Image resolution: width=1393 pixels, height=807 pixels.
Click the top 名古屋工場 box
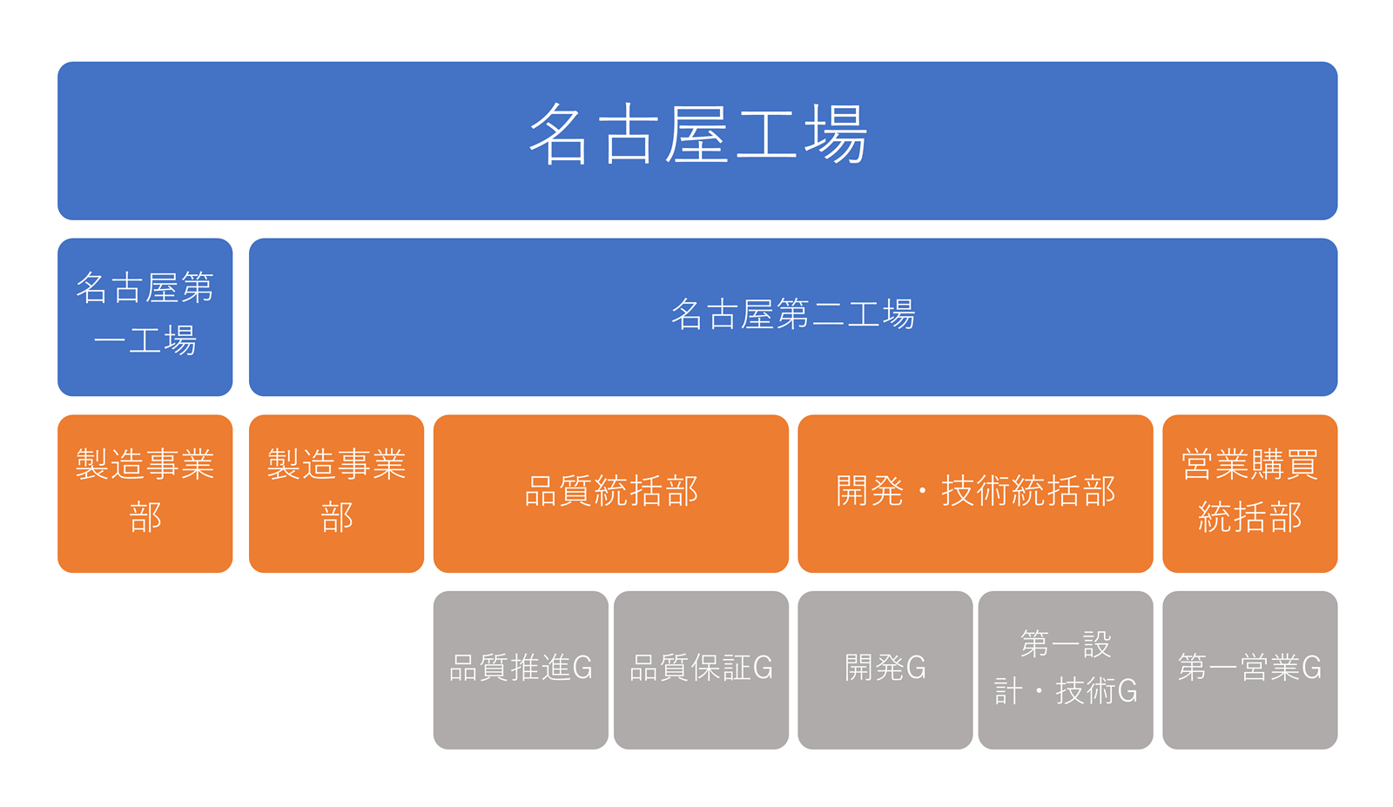tap(697, 140)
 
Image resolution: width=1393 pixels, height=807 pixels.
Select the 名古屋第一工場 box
tap(145, 317)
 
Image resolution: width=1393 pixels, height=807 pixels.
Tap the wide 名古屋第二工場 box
tap(793, 317)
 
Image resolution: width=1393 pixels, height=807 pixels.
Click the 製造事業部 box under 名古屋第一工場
tap(145, 494)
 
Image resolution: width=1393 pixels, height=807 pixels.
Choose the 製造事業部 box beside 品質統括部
tap(336, 494)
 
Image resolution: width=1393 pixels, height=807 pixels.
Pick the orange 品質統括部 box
tap(610, 494)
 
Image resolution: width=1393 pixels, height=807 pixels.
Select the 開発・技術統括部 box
tap(975, 494)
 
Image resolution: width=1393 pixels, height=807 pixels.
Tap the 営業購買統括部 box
tap(1250, 494)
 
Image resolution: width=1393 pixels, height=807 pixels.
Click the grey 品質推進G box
tap(521, 670)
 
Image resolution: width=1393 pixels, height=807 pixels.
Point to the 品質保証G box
tap(701, 670)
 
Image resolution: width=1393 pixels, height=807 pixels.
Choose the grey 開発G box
tap(885, 670)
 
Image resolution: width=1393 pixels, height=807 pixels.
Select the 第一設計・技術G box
tap(1066, 670)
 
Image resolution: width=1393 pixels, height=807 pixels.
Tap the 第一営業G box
tap(1250, 670)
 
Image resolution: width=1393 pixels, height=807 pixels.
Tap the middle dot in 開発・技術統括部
tap(923, 491)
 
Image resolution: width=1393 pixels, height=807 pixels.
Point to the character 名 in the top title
tap(558, 134)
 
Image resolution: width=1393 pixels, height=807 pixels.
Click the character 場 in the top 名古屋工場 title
tap(836, 134)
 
